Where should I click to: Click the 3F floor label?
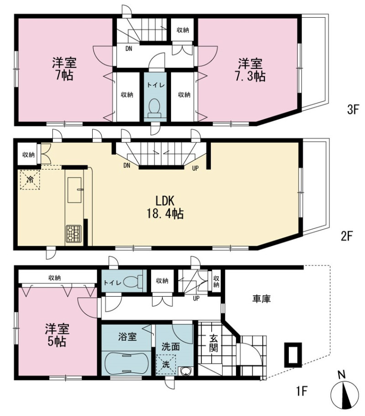353,109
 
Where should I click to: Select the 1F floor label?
302,390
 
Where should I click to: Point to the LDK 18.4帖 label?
165,207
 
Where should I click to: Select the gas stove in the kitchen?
73,233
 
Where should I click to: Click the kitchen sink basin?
74,190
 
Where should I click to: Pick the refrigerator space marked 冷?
30,180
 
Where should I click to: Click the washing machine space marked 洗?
166,364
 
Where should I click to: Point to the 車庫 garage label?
261,299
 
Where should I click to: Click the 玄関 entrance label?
214,343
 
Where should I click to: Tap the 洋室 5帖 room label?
57,335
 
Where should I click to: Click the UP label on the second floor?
195,168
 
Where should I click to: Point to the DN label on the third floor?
129,49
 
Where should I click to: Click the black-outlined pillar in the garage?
293,355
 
